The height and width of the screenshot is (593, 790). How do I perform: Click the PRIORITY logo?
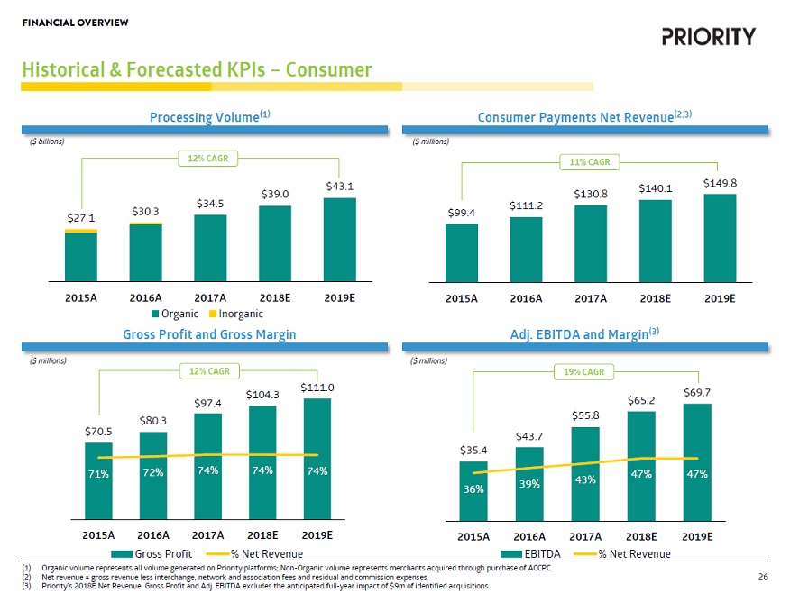coord(708,36)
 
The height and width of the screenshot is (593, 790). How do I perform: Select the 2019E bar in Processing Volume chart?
coord(339,239)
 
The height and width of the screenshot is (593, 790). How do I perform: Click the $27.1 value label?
coord(81,218)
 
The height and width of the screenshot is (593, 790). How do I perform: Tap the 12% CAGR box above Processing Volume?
coord(207,159)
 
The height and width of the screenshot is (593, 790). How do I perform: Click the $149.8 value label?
coord(721,183)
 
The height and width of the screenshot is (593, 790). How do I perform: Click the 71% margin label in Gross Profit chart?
coord(99,473)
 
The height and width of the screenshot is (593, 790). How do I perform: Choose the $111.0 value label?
coord(317,388)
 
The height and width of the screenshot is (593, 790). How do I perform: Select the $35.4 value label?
coord(473,450)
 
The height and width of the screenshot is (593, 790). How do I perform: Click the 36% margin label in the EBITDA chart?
coord(473,489)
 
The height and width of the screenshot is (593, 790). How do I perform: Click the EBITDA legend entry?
coord(541,552)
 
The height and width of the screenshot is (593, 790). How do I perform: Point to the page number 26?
coord(763,577)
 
